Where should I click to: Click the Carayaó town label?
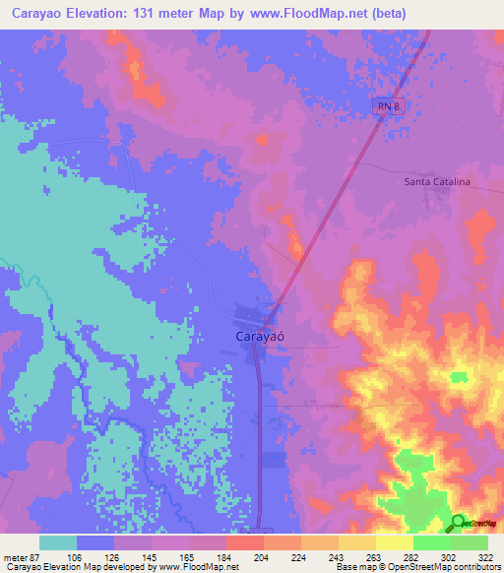[x=262, y=336]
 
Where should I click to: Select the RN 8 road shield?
[x=389, y=106]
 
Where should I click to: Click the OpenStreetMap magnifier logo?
[x=459, y=524]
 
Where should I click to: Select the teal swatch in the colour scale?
[x=58, y=542]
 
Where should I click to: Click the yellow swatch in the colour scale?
[x=394, y=542]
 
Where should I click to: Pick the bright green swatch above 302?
[x=432, y=542]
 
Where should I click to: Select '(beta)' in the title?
[x=381, y=15]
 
